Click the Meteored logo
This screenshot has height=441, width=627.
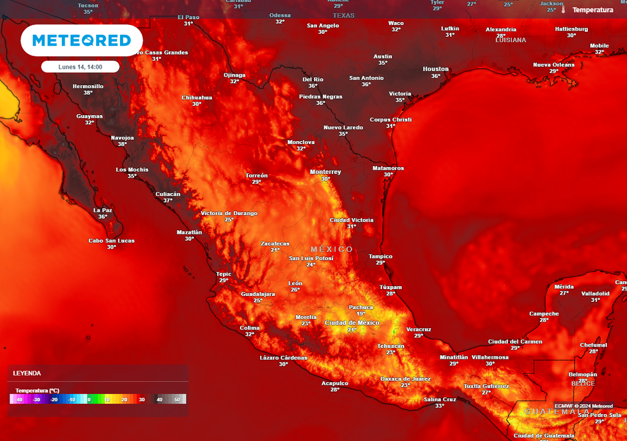(x=81, y=40)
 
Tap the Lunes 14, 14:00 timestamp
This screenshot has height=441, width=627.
(x=80, y=67)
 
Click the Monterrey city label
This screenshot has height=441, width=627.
(x=325, y=172)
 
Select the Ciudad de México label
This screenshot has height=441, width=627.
(x=351, y=323)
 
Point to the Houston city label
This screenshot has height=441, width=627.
(x=435, y=69)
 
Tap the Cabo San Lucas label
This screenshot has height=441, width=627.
(x=111, y=241)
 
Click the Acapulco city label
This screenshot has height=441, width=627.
(x=334, y=383)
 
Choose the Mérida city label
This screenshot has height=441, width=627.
(x=564, y=286)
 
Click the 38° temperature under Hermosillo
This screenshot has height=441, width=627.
(x=88, y=93)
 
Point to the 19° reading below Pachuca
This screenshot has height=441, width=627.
(x=361, y=314)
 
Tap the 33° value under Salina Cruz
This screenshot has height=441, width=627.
(x=440, y=406)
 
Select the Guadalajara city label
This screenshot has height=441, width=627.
(x=258, y=294)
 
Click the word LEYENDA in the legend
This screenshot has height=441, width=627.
(x=27, y=373)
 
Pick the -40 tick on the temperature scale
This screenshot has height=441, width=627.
(x=20, y=399)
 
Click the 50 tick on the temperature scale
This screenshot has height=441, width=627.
(x=178, y=399)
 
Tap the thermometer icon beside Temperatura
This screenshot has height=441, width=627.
(x=563, y=10)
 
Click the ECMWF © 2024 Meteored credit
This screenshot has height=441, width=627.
(x=584, y=406)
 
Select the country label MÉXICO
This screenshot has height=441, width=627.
(x=331, y=249)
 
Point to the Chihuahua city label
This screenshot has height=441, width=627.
(x=197, y=97)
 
